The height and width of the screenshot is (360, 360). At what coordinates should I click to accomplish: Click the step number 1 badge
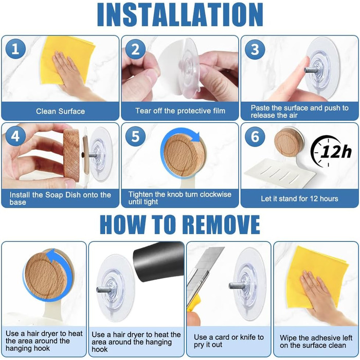coord(15,49)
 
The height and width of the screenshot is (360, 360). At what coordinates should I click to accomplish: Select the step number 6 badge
coord(255,136)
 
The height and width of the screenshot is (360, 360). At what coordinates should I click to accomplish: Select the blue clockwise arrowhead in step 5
coord(195,137)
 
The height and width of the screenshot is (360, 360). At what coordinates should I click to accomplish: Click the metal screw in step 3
coord(311,69)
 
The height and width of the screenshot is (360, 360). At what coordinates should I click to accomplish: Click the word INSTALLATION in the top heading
coord(180,15)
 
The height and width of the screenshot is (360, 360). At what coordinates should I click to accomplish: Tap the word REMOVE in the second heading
coord(222,224)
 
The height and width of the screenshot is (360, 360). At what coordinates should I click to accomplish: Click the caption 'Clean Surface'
coord(60,112)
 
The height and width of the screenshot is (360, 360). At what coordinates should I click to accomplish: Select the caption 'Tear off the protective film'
coord(180,111)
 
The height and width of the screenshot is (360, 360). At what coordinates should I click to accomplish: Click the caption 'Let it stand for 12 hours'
coord(299,199)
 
